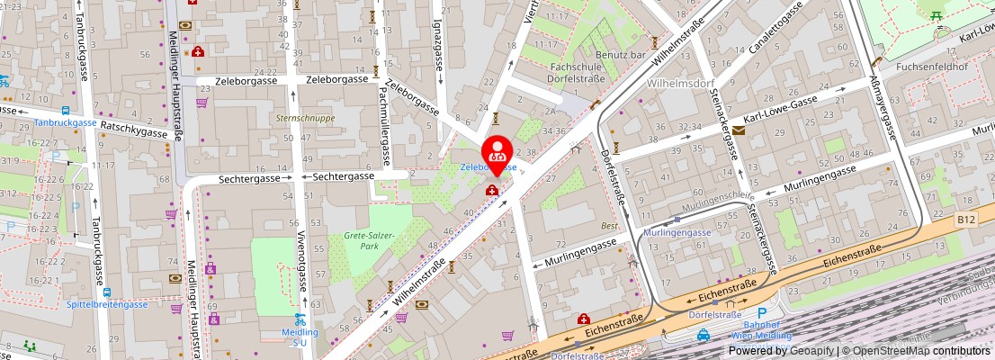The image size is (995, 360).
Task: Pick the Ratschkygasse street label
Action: pyautogui.click(x=135, y=130)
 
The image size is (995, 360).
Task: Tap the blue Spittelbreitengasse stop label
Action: pyautogui.click(x=107, y=304)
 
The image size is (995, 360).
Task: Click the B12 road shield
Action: pyautogui.click(x=965, y=218)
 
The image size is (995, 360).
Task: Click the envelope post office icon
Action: pyautogui.click(x=739, y=130)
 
